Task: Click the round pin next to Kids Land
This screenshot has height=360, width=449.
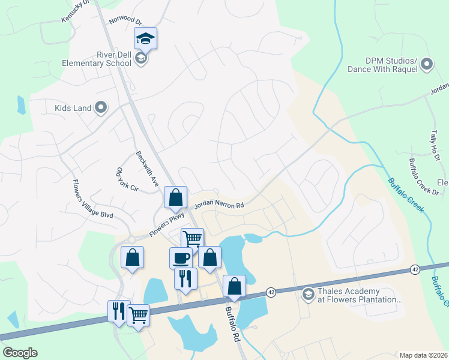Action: tap(101, 108)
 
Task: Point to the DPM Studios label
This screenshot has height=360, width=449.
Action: tap(382, 64)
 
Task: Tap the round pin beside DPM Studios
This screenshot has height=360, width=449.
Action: tap(427, 64)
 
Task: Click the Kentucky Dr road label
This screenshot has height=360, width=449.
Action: tap(75, 11)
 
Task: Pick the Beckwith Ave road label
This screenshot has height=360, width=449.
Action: tap(146, 167)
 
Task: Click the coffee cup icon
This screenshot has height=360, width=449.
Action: tap(181, 259)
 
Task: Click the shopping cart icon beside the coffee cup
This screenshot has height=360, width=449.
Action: tap(192, 239)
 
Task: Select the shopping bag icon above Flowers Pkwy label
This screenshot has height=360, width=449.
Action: tap(175, 197)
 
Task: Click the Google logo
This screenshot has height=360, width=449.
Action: tap(20, 353)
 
